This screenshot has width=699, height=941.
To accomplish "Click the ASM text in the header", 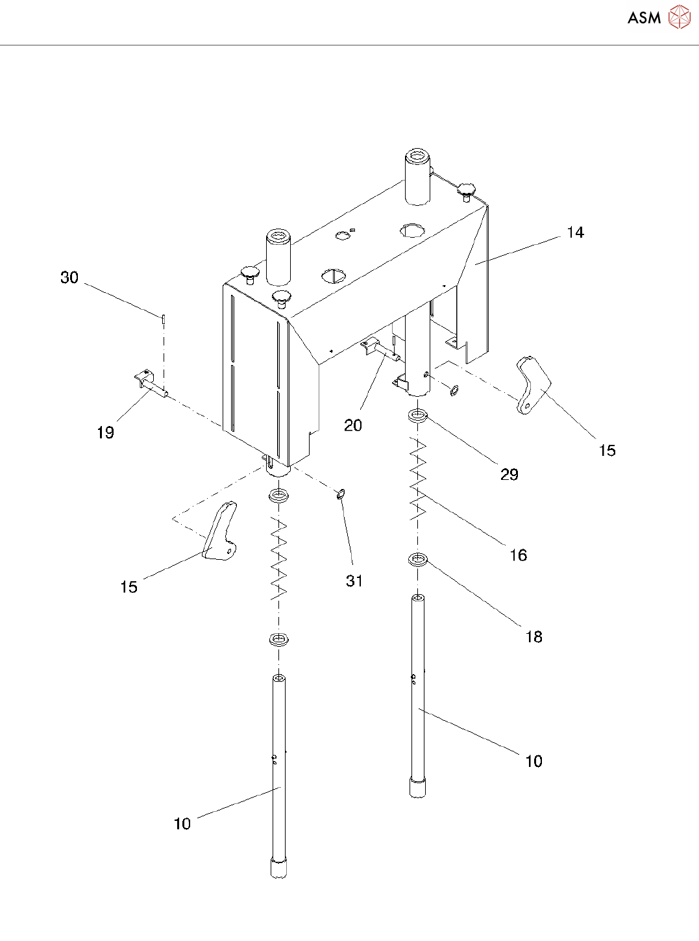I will click(644, 18).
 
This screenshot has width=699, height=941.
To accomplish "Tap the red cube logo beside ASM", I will click(679, 18).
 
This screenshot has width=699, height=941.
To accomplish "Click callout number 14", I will click(575, 232).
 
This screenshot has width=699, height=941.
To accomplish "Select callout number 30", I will click(69, 278).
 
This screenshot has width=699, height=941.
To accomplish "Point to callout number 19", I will click(105, 433).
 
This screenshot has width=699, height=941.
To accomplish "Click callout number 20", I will click(353, 425).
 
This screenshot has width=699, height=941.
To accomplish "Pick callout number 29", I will click(509, 475).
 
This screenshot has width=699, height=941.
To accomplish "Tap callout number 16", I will click(518, 555).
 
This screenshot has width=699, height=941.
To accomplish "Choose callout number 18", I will click(533, 637).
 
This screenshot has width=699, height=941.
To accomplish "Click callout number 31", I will click(354, 581).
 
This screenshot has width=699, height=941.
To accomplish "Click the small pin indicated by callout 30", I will click(164, 318).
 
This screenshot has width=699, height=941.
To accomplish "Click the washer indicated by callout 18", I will click(418, 558).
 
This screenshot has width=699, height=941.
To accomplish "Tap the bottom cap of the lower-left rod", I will click(278, 868).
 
